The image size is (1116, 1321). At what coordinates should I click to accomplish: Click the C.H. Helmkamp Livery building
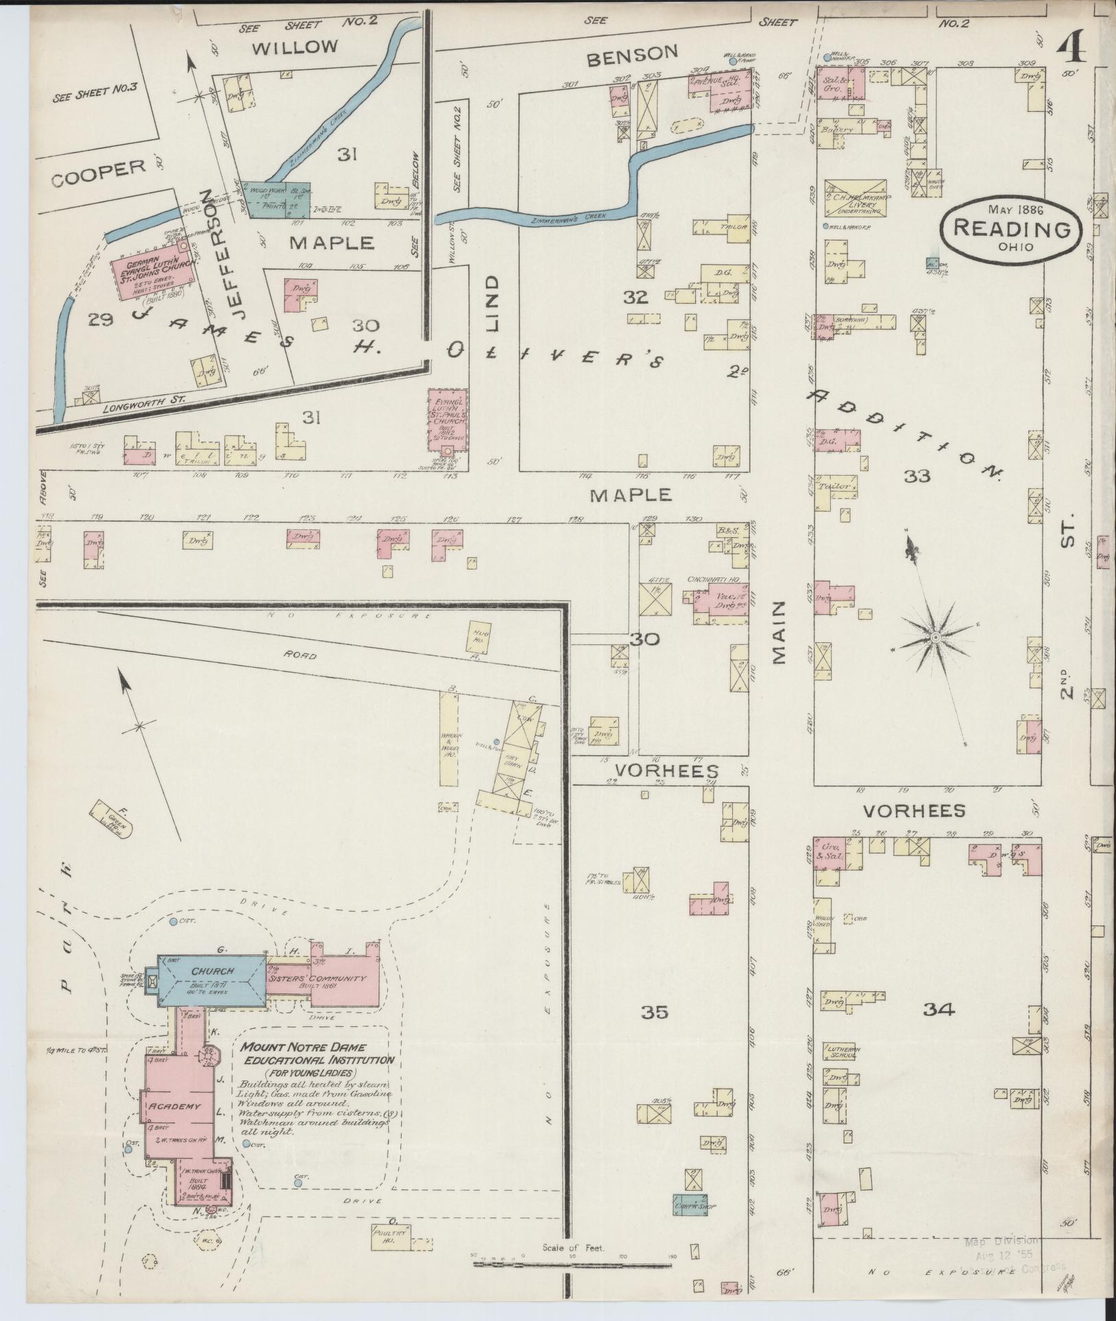coord(856,199)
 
